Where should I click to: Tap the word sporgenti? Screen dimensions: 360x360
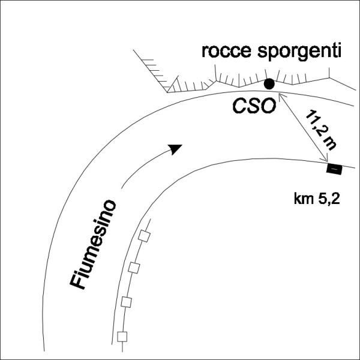click(298, 52)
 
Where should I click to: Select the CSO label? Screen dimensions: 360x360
click(254, 106)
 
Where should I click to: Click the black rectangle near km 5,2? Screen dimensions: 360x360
click(334, 169)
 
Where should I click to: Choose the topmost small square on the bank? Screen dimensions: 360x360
click(143, 236)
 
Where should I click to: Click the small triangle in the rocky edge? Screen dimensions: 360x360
click(174, 86)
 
